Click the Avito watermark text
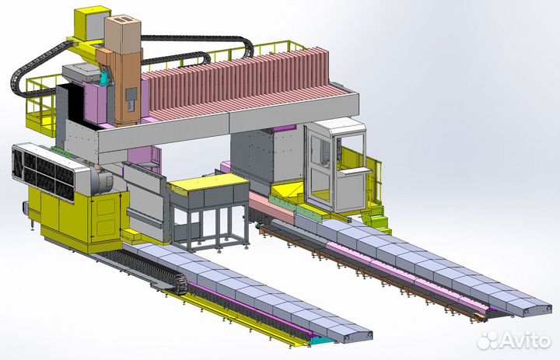click(x=525, y=341)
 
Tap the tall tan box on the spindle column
click(x=123, y=35)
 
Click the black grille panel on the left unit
click(x=43, y=173)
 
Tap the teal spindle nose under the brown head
click(x=104, y=78)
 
